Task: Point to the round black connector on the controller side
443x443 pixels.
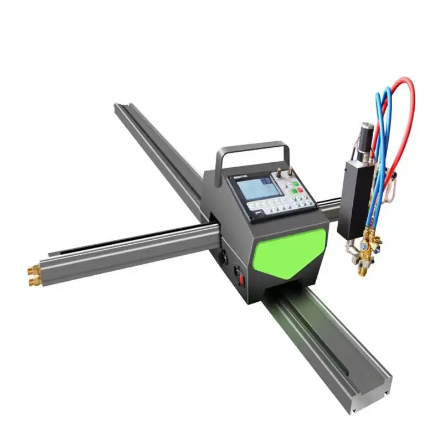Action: [224, 257]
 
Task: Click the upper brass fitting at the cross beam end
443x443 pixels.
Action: [34, 270]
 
